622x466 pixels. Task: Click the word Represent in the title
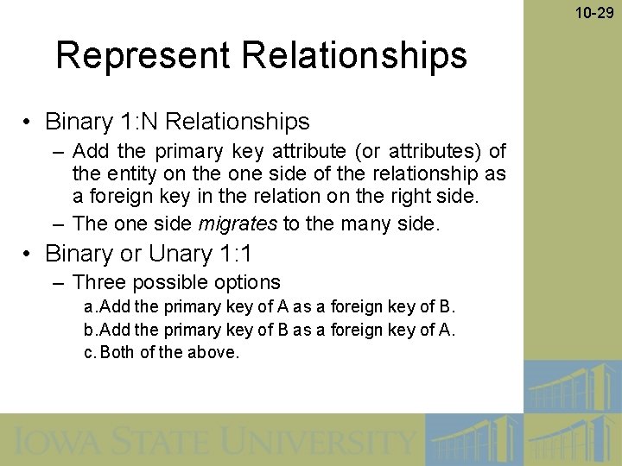(x=143, y=55)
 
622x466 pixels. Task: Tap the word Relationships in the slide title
(x=354, y=55)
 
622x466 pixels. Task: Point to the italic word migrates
(x=238, y=224)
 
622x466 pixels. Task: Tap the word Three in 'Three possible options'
(x=98, y=282)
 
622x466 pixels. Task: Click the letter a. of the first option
(x=89, y=307)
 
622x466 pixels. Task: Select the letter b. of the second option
(x=89, y=330)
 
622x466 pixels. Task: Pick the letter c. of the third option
(x=89, y=352)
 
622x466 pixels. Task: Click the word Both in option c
(x=117, y=352)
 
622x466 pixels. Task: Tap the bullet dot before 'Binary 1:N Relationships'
(x=29, y=123)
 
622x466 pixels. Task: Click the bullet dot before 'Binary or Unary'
(x=29, y=255)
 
